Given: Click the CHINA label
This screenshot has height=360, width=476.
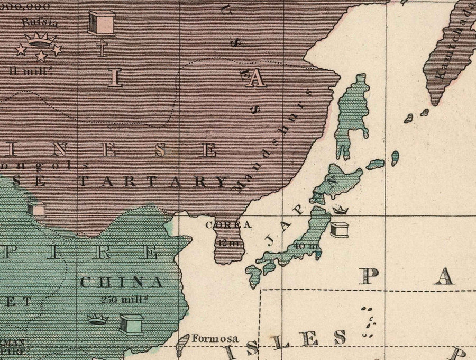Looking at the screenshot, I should point(121,282).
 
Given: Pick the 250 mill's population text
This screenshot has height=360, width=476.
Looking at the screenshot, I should point(124,299).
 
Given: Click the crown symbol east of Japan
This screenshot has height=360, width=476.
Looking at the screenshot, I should point(340,210).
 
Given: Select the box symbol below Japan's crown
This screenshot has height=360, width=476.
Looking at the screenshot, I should point(339,229).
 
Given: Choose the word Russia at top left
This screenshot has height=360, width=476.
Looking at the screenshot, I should point(40,23).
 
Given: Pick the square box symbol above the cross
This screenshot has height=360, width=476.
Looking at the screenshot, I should point(101,22).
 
